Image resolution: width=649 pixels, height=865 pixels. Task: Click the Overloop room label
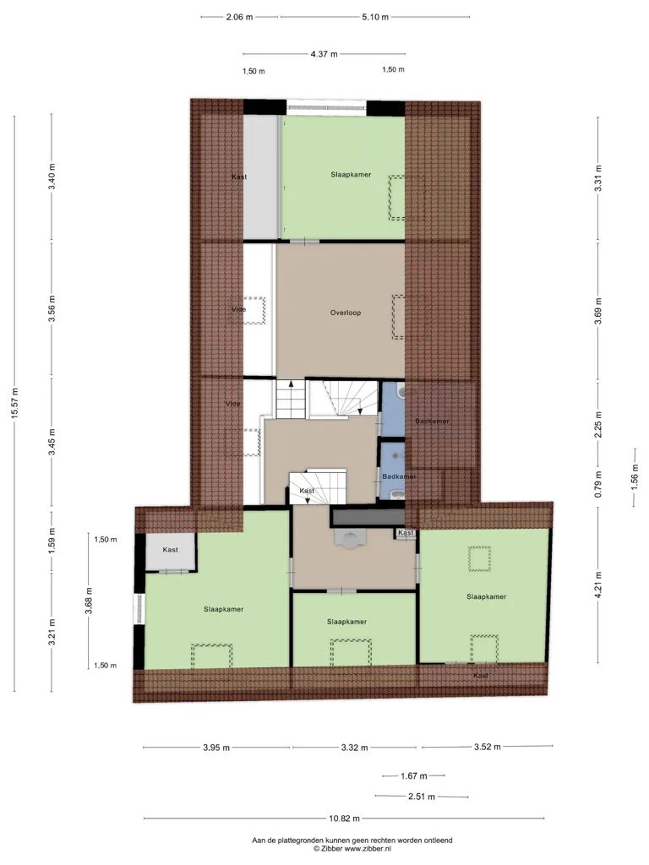point(346,313)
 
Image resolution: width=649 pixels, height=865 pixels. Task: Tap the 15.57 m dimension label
point(15,403)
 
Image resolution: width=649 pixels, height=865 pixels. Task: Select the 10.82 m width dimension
point(345,819)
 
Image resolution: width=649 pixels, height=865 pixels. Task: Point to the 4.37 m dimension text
point(324,54)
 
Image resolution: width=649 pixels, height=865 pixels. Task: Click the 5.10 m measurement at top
point(375,17)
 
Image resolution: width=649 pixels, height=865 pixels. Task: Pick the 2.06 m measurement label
point(239,17)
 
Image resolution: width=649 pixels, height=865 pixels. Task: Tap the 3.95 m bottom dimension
point(216,748)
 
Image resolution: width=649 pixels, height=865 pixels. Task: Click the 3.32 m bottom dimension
point(354,748)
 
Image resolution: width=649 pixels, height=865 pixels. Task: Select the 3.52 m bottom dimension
point(488,747)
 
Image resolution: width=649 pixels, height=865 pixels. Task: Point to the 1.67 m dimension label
point(414,776)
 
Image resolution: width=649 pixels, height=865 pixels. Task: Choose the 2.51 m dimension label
point(422,797)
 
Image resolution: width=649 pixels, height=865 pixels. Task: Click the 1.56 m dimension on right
point(634,476)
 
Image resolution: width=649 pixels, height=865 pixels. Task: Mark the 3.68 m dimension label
point(89,601)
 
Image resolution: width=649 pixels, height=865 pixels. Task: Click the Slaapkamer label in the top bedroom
point(351,175)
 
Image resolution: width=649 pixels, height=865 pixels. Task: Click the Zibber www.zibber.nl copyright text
point(352,849)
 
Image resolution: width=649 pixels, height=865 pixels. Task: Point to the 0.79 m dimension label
point(598,484)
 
